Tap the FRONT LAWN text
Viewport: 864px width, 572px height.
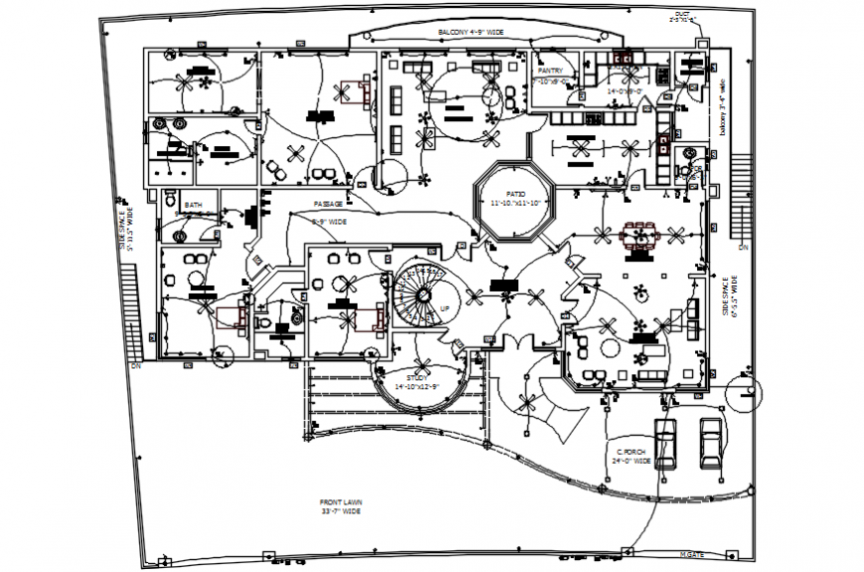(339, 502)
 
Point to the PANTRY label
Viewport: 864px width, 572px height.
(550, 71)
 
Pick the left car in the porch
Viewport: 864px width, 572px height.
(665, 442)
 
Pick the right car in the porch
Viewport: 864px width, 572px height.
(710, 442)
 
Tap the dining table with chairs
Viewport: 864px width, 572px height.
(639, 236)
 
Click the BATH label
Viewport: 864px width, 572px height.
(192, 206)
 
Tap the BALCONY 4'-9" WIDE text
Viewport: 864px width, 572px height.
(471, 33)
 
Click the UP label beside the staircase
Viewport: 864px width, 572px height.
(443, 309)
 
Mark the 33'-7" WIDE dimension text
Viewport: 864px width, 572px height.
(339, 511)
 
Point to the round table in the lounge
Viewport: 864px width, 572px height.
(608, 346)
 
